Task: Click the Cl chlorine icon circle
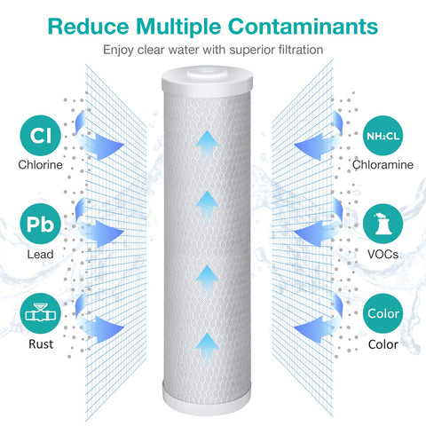tap(41, 136)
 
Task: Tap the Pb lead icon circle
tap(41, 224)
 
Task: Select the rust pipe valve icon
tap(41, 313)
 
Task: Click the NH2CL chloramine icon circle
tap(383, 136)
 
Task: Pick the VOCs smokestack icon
tap(383, 224)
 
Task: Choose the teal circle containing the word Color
tap(383, 313)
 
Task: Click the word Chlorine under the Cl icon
tap(40, 165)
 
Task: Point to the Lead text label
tap(40, 255)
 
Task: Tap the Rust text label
tap(41, 344)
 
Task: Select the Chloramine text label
tap(383, 165)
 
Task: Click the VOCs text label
tap(383, 255)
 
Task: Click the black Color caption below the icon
tap(383, 344)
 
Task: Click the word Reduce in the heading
tap(89, 27)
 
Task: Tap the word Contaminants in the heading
tap(303, 27)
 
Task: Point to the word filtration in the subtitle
tap(301, 50)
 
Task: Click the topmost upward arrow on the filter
tap(207, 146)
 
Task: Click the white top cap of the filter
tap(207, 81)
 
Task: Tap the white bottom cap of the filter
tap(207, 398)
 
